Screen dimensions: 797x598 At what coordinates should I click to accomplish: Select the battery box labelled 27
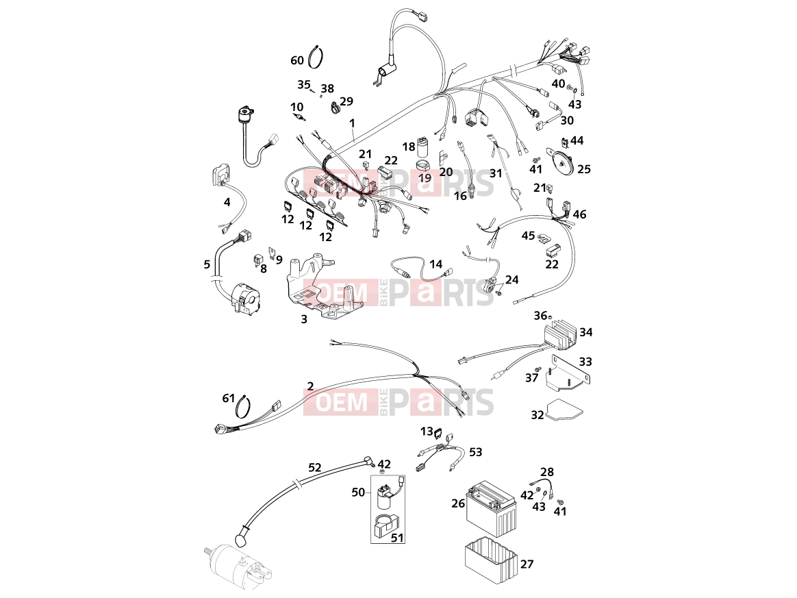491,562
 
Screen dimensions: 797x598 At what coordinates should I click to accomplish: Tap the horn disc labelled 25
561,161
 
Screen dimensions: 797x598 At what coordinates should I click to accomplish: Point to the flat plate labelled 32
564,410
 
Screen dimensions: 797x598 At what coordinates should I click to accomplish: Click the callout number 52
315,467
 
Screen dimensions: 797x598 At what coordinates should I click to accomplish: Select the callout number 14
435,264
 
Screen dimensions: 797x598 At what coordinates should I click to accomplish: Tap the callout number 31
496,173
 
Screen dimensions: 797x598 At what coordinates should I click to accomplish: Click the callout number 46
579,214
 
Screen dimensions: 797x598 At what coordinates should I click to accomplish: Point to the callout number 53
475,452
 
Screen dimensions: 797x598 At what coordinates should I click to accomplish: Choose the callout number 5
207,264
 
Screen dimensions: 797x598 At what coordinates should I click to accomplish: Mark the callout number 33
585,362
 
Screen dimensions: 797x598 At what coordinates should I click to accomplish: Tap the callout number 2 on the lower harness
310,386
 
